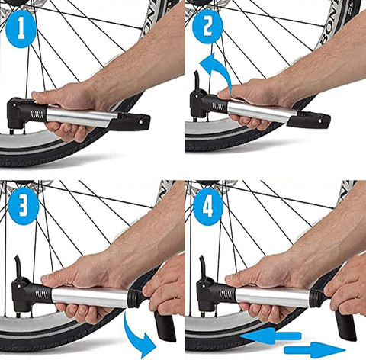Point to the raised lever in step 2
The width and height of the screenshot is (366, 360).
(197, 79)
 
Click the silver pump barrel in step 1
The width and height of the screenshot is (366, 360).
(84, 117)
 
